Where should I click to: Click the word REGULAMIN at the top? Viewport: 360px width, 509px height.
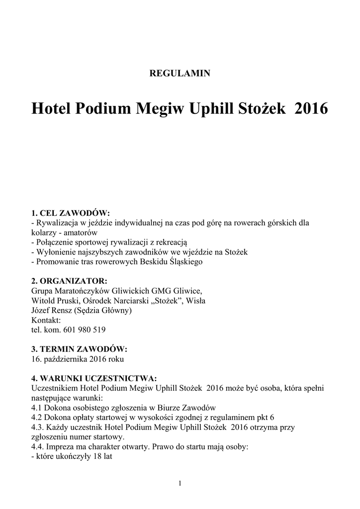[180, 73]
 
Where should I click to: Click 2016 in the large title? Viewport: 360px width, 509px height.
[311, 108]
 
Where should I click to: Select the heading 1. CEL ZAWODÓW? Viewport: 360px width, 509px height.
[70, 213]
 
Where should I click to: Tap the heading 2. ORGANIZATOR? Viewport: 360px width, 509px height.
[69, 281]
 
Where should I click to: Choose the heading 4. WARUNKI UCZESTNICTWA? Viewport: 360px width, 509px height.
[94, 377]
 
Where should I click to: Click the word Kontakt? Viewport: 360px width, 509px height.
[46, 320]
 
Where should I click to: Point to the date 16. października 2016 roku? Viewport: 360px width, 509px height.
[78, 358]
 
